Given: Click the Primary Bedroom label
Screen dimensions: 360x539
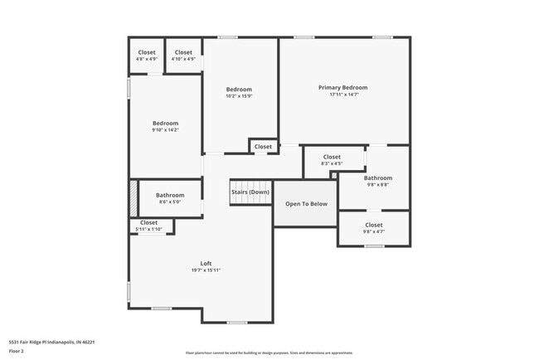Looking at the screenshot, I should point(342,87).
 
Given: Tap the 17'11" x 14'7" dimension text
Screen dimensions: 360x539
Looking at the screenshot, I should point(342,95).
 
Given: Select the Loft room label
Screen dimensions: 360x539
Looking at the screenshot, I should point(206,263).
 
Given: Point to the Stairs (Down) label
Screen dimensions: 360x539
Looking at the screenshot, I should point(250,192).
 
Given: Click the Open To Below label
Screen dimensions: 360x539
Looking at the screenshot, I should point(306,203).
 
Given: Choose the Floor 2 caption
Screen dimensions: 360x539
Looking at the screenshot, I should point(17,353).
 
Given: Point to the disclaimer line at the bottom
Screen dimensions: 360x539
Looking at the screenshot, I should point(269,353).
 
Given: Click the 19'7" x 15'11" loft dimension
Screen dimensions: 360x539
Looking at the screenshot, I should point(206,270).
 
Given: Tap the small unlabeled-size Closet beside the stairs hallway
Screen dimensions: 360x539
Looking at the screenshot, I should point(263,147).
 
